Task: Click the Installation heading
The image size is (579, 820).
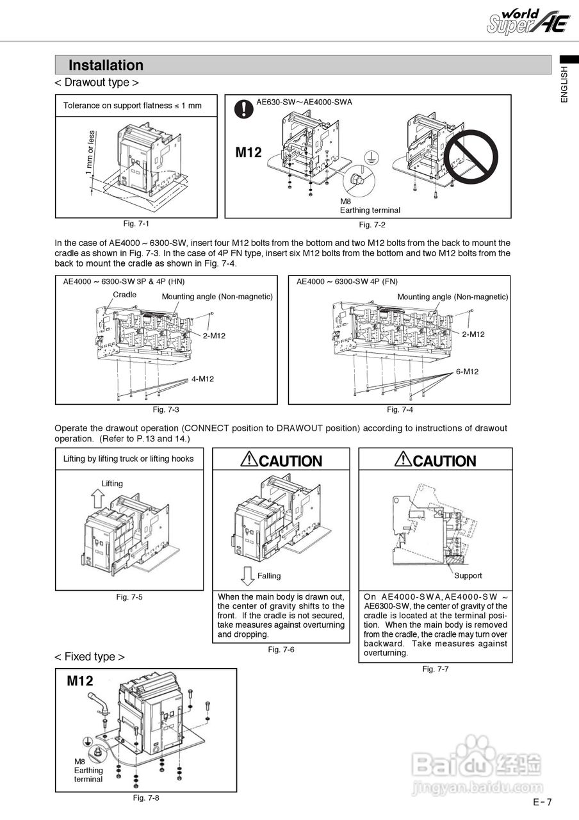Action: [x=106, y=65]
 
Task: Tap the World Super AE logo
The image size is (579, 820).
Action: [x=528, y=22]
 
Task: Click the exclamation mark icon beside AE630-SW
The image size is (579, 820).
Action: [x=243, y=109]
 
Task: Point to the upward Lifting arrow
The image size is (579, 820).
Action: [x=96, y=497]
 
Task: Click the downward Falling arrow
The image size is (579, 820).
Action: [x=247, y=575]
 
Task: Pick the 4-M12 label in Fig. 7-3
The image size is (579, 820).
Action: [x=202, y=379]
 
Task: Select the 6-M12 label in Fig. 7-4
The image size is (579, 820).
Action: [x=467, y=372]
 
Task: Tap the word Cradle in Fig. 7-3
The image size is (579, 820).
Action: [x=125, y=295]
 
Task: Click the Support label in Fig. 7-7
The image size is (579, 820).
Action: [x=468, y=575]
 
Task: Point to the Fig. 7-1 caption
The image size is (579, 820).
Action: [x=136, y=224]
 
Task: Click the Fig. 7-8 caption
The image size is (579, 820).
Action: [x=146, y=798]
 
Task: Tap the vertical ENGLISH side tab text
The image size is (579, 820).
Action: [x=564, y=85]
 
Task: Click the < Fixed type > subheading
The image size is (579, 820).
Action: [x=90, y=657]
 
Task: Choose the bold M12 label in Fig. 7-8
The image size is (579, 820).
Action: [x=80, y=681]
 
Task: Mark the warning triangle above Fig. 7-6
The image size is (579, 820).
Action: [x=249, y=459]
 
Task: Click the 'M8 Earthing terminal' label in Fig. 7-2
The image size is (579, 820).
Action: [x=370, y=206]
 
